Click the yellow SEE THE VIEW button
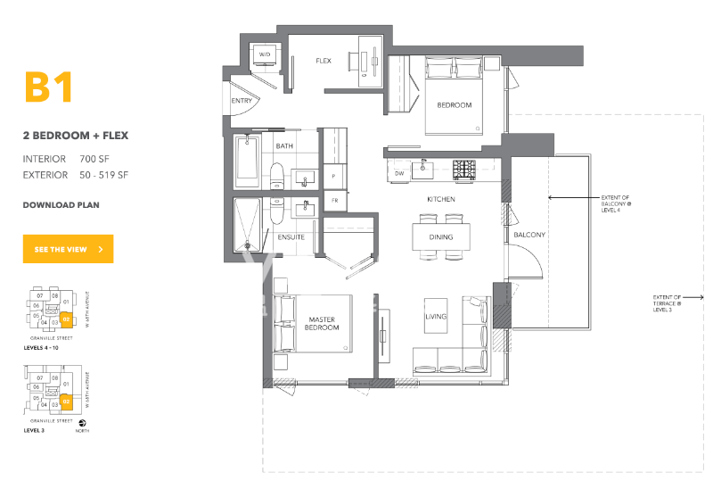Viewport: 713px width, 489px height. [x=69, y=250]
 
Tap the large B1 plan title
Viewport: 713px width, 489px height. [x=47, y=88]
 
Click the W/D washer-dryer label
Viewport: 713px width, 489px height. [x=265, y=55]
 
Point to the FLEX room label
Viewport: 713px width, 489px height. [x=324, y=61]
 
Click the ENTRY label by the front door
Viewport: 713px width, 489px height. [x=242, y=101]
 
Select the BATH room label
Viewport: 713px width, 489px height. [x=284, y=145]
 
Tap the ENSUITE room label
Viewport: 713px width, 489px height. [x=291, y=237]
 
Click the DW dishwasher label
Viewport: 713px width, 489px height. [x=399, y=172]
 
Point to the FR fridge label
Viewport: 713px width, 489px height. [x=335, y=201]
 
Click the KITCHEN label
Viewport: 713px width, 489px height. [x=440, y=199]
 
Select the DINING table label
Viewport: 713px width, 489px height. [x=440, y=237]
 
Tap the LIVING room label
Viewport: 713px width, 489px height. [x=436, y=317]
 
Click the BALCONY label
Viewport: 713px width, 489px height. [x=529, y=235]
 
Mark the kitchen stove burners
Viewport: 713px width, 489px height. [x=465, y=167]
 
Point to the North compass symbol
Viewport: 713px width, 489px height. [x=84, y=424]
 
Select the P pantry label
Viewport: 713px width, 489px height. [x=332, y=177]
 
